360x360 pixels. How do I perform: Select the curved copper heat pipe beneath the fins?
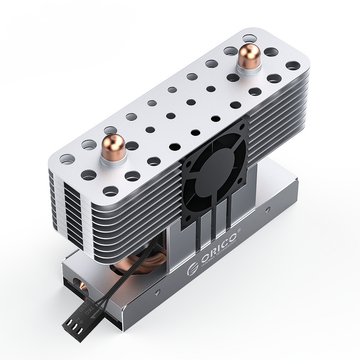(135, 263)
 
